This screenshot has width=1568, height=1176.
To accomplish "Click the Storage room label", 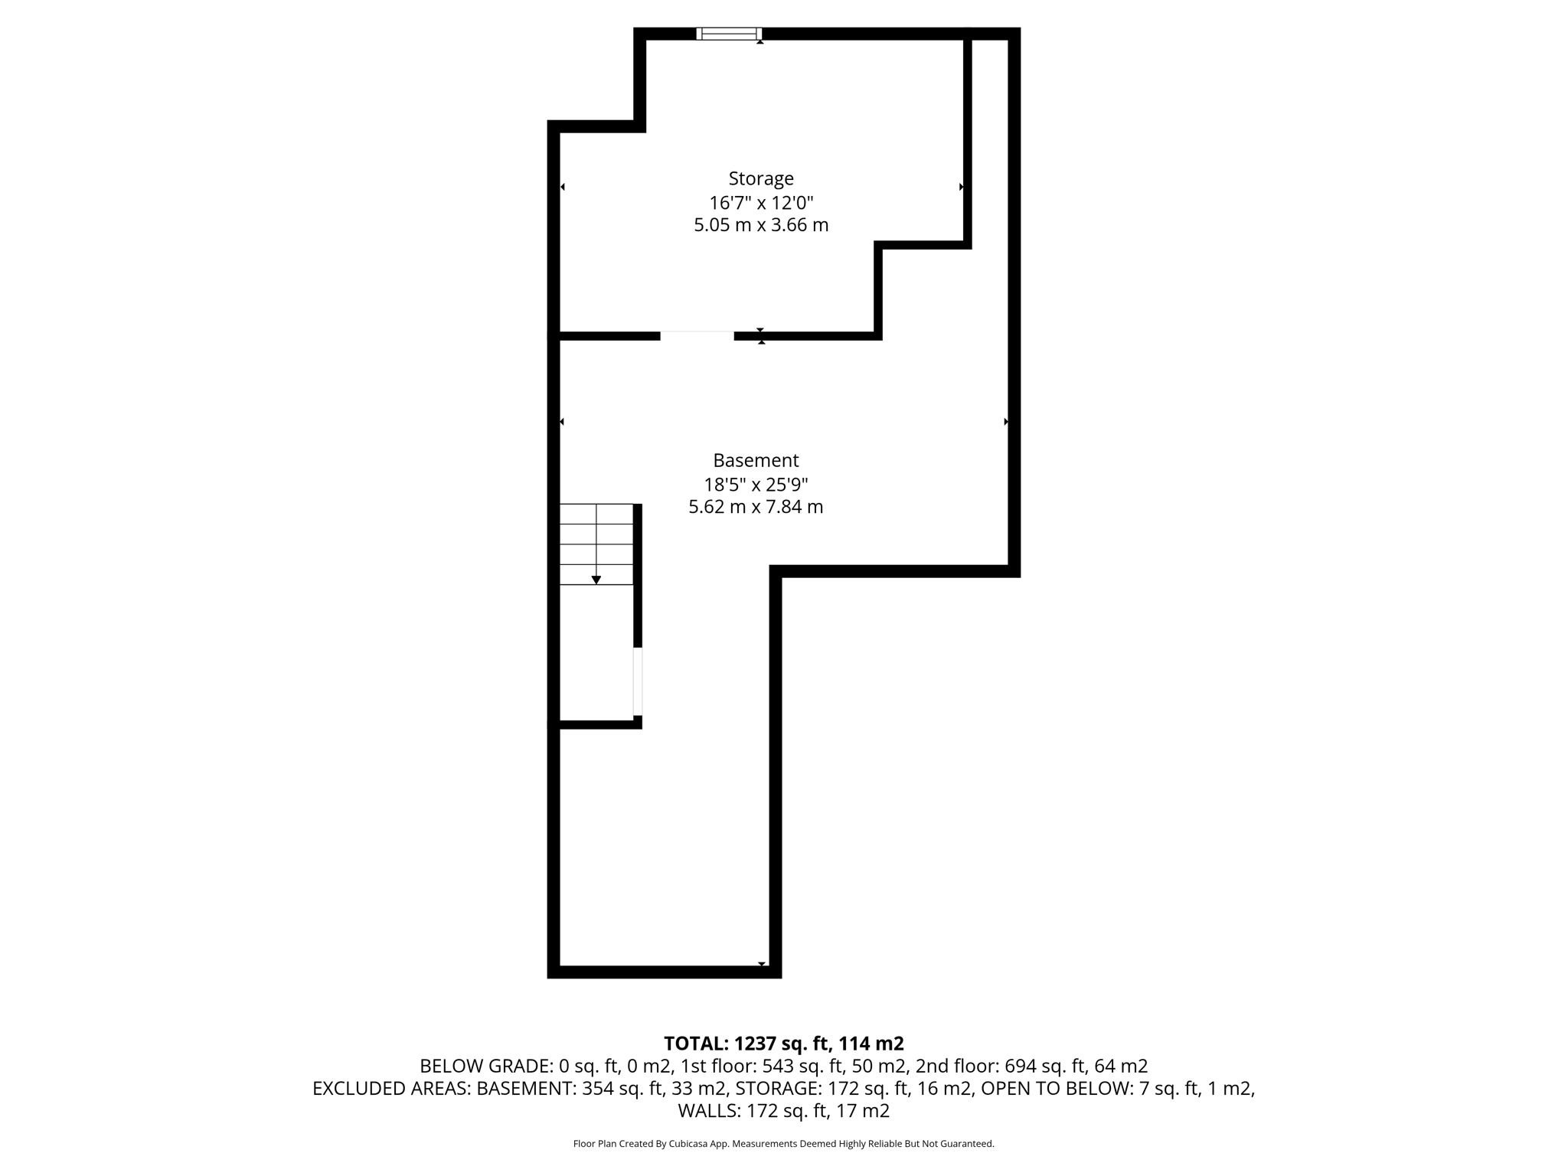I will coord(760,178).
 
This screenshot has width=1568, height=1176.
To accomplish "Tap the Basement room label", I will coord(756,460).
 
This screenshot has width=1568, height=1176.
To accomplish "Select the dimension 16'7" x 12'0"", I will coord(760,203).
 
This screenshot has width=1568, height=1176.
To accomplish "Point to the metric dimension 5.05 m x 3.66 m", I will coord(760,225).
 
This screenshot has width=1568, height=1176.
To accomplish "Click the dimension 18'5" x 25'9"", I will coord(756,485).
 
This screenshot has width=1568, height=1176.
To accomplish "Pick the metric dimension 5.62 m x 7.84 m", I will coord(756,507).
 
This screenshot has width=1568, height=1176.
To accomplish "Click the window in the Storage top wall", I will coord(729,33).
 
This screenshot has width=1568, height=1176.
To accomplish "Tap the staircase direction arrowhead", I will coord(596,580).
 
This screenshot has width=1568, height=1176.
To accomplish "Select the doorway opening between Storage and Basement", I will coord(697,335).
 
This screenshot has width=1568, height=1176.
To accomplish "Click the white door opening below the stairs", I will coord(637,681).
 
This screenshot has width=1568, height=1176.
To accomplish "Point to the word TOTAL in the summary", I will coord(695,1044).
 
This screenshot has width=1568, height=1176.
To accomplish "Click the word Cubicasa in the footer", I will coord(688,1144).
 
